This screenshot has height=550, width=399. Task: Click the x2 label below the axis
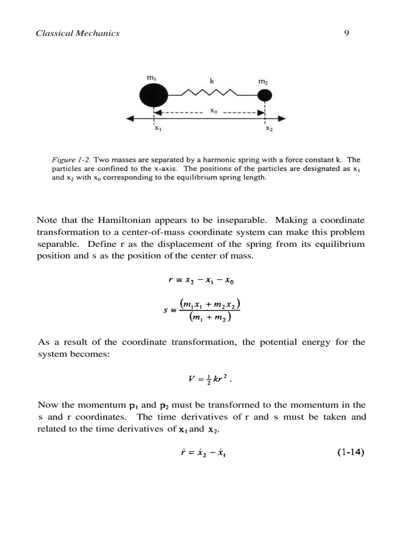tap(268, 129)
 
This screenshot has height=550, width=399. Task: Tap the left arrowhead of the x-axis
tap(130, 119)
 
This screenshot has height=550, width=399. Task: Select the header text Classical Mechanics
tap(78, 33)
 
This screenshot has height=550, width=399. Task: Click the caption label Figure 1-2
tap(71, 160)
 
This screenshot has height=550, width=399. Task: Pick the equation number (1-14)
tap(351, 453)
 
